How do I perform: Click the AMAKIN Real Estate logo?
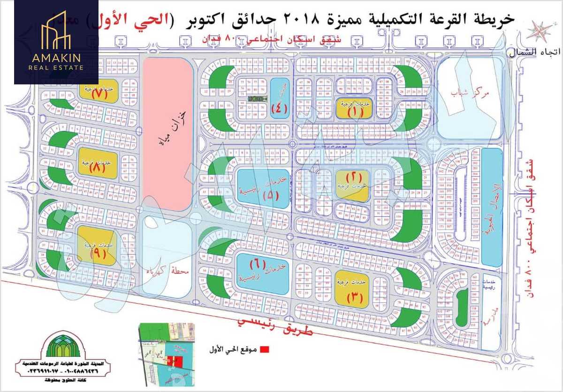click(x=56, y=42)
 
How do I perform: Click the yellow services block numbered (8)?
click(x=97, y=162)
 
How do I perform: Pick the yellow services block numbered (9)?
click(x=97, y=246)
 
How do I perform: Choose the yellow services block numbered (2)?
click(x=352, y=185)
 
